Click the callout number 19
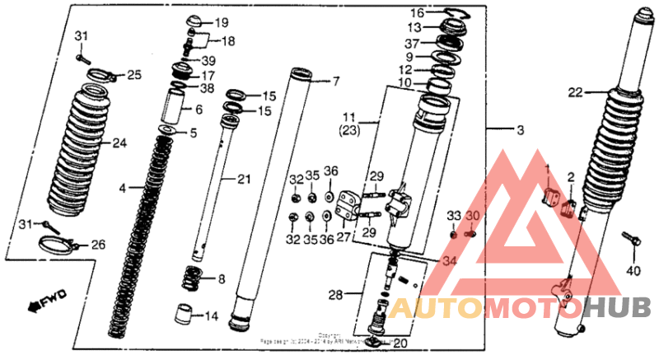222,22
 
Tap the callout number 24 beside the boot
119,143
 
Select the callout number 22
575,92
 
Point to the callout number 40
633,270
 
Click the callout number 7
335,82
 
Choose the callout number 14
211,316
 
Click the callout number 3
519,132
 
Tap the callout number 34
446,262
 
